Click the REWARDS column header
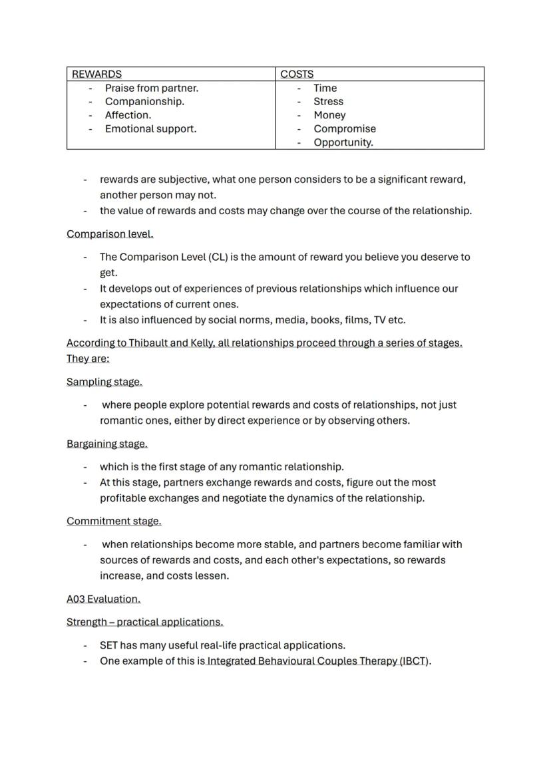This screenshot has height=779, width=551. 96,74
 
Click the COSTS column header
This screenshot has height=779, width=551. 297,74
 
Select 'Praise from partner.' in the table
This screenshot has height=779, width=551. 152,88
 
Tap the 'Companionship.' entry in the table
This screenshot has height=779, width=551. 144,101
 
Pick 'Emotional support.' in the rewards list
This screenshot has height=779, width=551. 150,128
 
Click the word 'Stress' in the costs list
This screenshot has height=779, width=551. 328,101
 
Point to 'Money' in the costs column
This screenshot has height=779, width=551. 329,115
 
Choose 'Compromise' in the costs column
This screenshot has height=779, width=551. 344,128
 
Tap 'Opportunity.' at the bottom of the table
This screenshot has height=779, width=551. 343,142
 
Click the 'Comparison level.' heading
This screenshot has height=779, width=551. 110,234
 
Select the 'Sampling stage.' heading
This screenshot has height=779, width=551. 104,382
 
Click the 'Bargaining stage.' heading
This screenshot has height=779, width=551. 107,444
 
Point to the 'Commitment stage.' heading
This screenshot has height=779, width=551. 114,521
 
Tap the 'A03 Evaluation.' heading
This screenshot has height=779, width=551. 103,599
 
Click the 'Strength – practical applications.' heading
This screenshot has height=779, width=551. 144,622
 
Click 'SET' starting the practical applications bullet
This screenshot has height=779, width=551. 108,645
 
